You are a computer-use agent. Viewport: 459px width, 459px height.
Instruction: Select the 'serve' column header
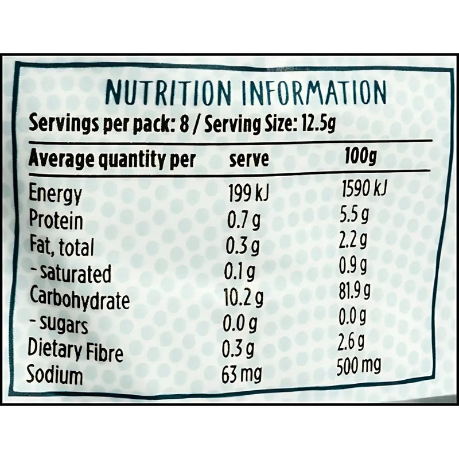248,159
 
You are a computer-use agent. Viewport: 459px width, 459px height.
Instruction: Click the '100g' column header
359,156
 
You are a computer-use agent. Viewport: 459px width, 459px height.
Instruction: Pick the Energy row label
56,195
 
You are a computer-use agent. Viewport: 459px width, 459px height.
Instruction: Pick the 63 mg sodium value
242,375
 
